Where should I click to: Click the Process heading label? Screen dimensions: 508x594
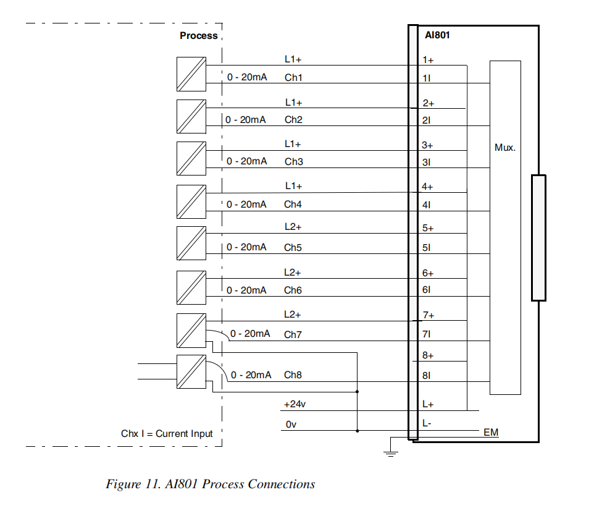198,36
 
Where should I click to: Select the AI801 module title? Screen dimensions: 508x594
437,35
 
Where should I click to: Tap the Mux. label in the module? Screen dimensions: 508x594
504,148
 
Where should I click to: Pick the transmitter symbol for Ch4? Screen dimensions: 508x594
191,200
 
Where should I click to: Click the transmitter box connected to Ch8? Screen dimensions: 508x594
191,371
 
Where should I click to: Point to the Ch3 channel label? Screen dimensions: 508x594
293,162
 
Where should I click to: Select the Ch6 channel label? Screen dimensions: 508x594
293,290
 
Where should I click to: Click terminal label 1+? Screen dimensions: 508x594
428,61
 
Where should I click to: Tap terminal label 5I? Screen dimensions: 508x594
427,248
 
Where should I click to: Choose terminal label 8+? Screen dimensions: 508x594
428,356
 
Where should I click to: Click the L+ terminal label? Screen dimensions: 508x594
428,404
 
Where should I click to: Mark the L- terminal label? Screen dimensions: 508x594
427,424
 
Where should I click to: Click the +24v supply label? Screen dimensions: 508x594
295,404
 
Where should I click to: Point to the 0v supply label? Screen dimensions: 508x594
291,425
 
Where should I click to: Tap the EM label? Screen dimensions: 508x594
490,433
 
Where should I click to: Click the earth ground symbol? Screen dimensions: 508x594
390,452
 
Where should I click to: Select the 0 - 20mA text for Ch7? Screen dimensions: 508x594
250,334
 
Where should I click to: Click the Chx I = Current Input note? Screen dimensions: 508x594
167,434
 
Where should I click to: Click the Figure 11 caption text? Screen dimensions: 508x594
210,484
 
